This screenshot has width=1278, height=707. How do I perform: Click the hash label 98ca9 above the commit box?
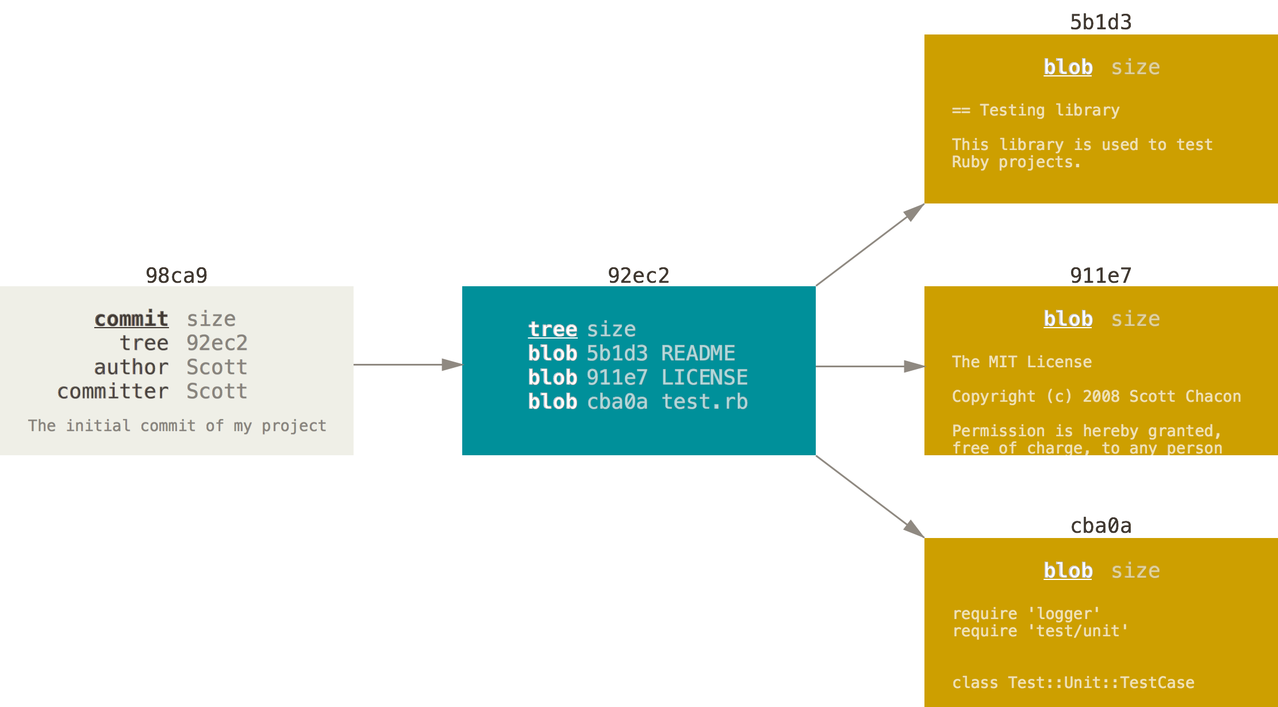[176, 276]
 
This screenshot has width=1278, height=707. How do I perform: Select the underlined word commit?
[132, 319]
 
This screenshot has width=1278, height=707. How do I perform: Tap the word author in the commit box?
[132, 367]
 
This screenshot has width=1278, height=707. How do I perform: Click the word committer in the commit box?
[113, 391]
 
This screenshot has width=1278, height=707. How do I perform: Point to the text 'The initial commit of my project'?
[177, 426]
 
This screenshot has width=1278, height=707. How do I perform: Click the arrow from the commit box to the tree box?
[408, 364]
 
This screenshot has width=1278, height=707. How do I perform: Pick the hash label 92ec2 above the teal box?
[639, 276]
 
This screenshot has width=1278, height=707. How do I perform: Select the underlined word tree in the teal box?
[552, 329]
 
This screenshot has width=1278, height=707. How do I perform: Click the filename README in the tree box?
[698, 353]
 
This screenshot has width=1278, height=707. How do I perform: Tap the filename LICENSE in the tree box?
[704, 378]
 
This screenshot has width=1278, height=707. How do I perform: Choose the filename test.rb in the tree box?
[704, 402]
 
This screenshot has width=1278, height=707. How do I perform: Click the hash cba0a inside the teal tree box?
[617, 402]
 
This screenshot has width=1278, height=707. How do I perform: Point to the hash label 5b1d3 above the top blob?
[1101, 22]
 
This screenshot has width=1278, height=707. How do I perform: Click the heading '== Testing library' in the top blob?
[1036, 110]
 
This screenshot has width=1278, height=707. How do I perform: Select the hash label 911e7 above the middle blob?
[1101, 276]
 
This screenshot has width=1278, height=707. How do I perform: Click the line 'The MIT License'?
[1022, 362]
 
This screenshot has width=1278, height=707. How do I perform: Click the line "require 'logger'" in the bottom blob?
[1026, 614]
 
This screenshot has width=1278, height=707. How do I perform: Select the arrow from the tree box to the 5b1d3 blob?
[870, 245]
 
